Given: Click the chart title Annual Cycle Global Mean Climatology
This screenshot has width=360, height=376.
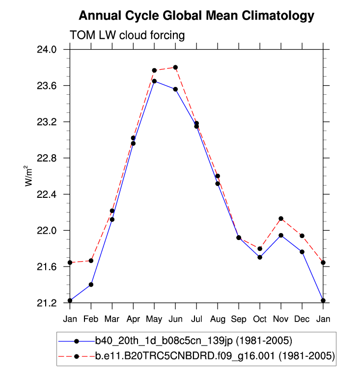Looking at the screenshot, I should tap(196, 16).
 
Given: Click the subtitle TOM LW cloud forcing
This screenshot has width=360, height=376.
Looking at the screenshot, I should tap(127, 35).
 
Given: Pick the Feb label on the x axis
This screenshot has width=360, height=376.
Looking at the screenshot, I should tap(91, 319).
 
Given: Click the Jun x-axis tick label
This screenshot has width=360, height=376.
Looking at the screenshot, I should tap(175, 319).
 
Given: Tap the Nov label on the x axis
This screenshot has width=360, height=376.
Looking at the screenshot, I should tap(281, 319).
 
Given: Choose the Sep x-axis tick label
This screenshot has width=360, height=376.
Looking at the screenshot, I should tap(239, 319).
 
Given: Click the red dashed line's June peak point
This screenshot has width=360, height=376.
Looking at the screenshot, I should tap(175, 67).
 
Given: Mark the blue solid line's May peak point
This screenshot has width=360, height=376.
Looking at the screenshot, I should tap(154, 81).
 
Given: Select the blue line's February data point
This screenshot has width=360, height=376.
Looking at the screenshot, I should tap(91, 285).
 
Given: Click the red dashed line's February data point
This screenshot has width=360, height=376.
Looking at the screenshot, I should tap(91, 261).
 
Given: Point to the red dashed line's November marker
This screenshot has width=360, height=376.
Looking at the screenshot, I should tap(281, 218).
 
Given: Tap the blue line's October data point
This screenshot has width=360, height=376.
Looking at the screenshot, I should tap(260, 257).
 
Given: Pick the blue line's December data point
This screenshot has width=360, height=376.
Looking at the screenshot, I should tap(302, 252).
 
